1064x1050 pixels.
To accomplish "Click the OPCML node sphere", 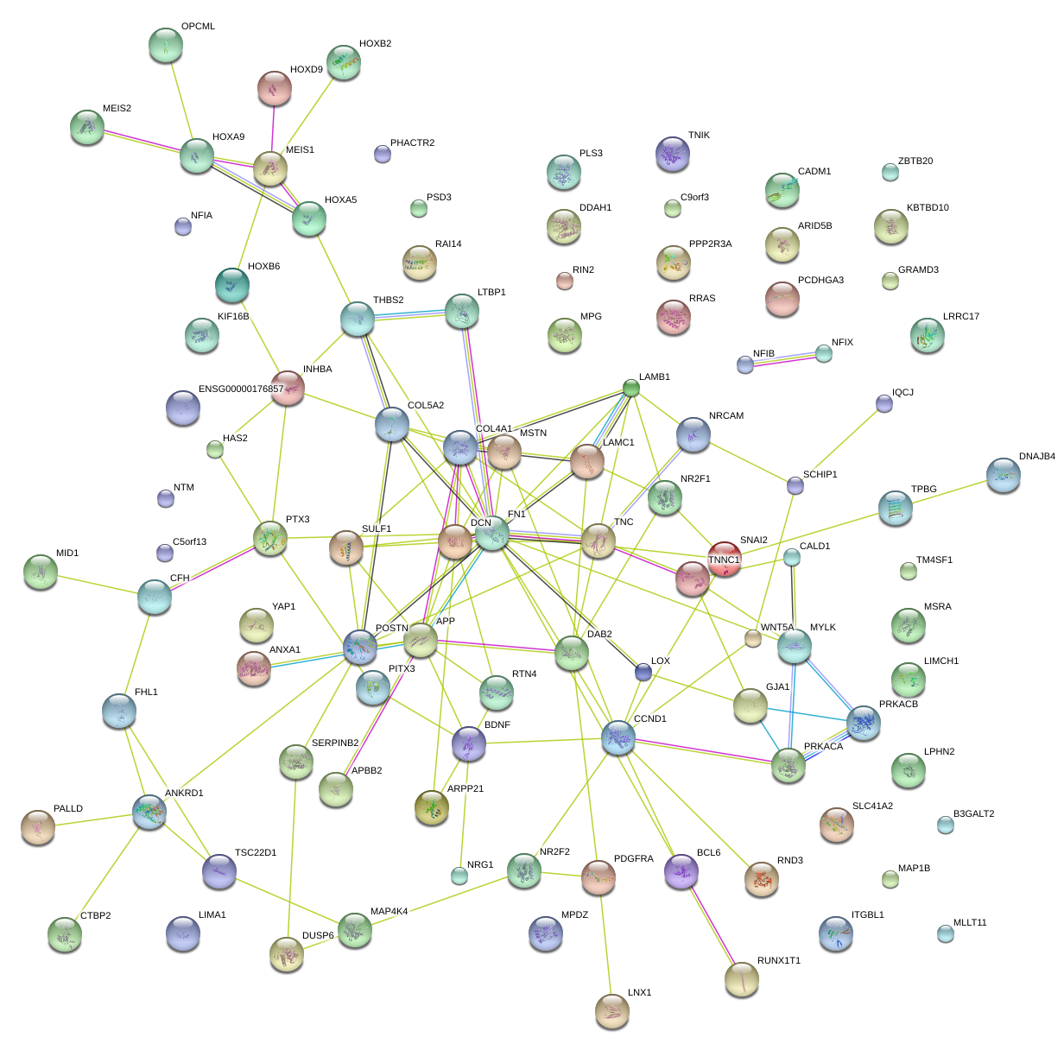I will (166, 45).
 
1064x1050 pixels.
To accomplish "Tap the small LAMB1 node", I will (631, 388).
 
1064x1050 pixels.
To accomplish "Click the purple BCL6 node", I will (681, 870).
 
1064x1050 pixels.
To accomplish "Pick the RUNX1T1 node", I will (741, 978).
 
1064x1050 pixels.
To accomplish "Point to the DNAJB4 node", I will (1003, 475).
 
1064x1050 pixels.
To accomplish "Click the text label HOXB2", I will (375, 44).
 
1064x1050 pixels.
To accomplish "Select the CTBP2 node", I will (65, 933).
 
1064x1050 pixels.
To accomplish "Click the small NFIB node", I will (745, 364).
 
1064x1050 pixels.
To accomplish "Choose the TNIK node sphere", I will (672, 154).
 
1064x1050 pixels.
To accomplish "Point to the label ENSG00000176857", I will (241, 389).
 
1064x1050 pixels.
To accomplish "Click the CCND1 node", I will (617, 737).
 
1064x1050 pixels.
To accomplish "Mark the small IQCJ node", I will (883, 402).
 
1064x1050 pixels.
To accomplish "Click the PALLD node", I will (37, 826).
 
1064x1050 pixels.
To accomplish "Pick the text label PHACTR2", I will (412, 143).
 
